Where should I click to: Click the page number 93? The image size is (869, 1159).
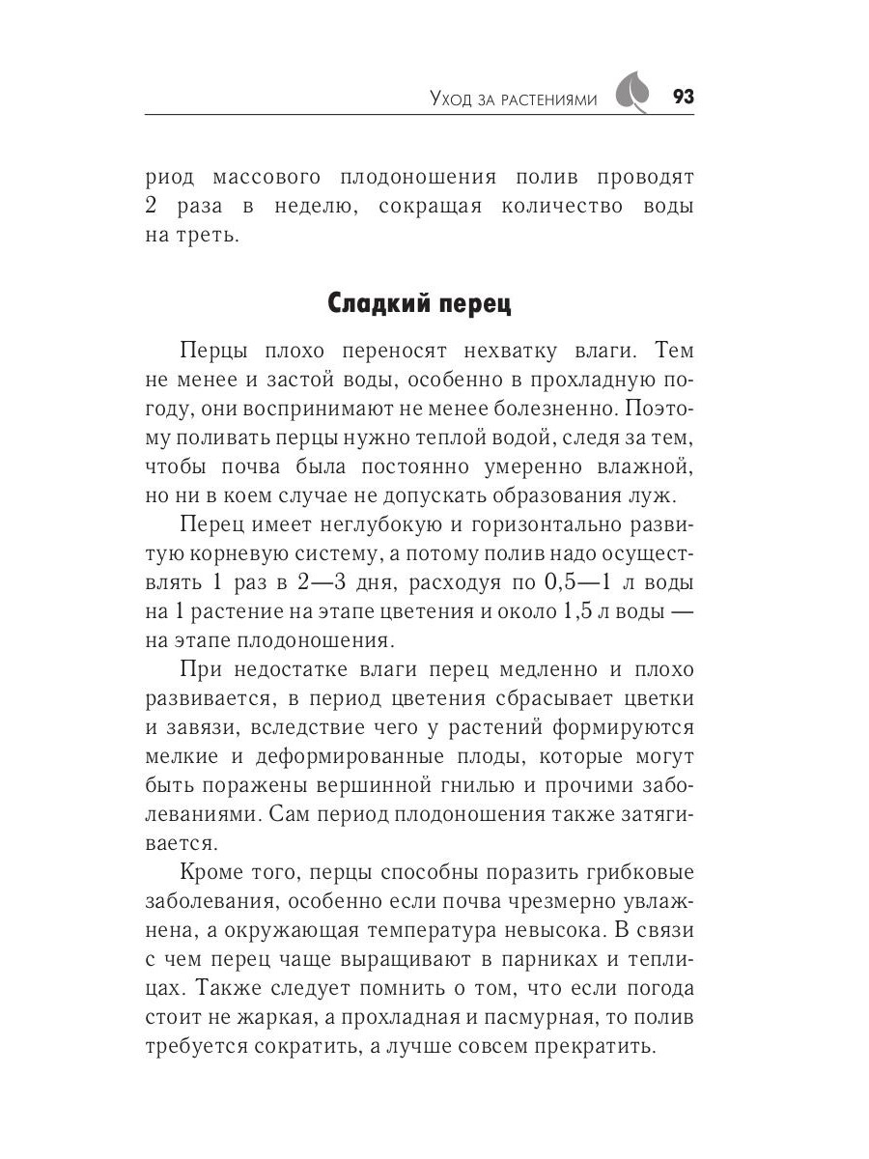click(683, 98)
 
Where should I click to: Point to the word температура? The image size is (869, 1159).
click(417, 931)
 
